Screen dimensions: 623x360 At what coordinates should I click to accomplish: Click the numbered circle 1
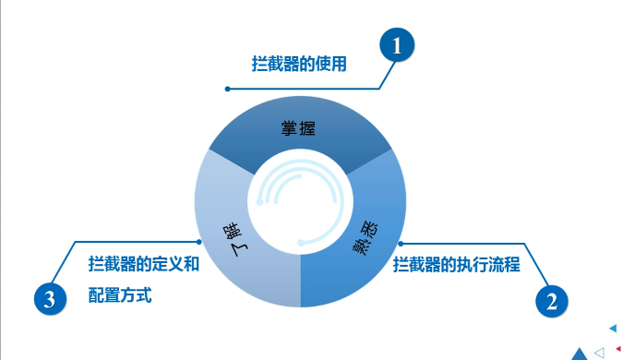(x=398, y=45)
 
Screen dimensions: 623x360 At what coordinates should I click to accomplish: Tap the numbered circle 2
(x=551, y=299)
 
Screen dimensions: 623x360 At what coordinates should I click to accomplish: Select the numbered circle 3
(x=50, y=298)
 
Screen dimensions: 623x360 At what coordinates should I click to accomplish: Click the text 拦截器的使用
(x=299, y=65)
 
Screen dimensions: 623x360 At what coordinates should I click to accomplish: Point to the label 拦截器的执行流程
(x=457, y=266)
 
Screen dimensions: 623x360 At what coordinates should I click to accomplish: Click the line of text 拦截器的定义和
(x=143, y=264)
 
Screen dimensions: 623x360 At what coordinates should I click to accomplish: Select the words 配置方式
(x=120, y=296)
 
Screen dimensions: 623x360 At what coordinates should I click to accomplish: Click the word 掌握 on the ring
(x=299, y=127)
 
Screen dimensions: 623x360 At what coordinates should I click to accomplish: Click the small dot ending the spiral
(x=300, y=243)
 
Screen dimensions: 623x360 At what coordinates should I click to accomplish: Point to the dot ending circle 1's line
(x=227, y=89)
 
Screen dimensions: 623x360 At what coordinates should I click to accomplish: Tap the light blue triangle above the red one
(x=613, y=328)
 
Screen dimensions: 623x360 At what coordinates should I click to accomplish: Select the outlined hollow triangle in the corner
(x=600, y=352)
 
